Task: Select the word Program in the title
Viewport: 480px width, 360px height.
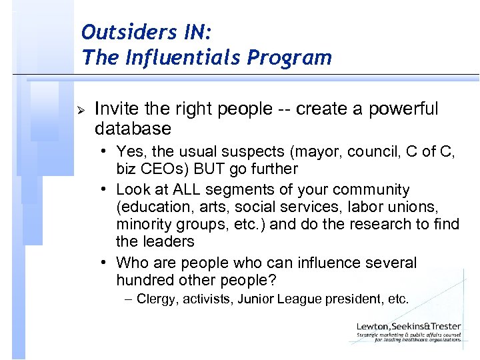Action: point(289,58)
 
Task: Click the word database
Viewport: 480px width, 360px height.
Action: point(133,127)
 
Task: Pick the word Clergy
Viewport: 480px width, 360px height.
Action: point(158,299)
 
